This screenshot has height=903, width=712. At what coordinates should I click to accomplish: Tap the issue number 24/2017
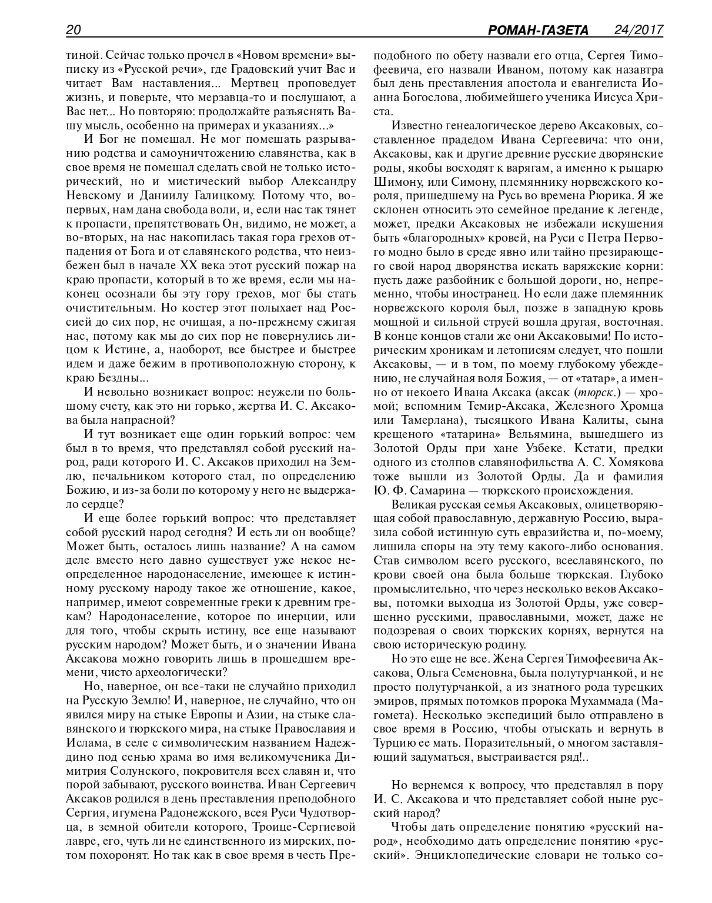[x=638, y=30]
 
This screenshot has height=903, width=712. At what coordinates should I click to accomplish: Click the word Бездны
[x=110, y=377]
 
